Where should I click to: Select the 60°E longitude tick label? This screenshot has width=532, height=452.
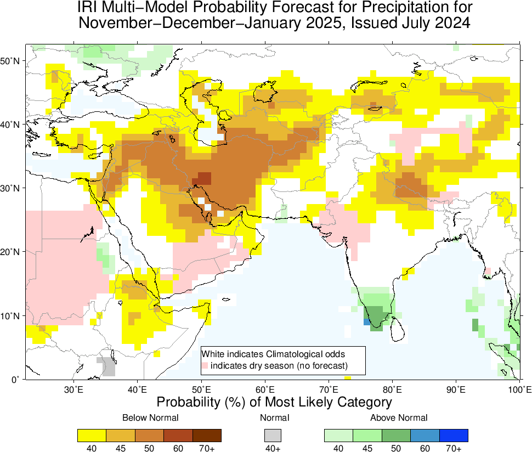point(265,390)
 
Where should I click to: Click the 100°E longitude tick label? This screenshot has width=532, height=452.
point(518,390)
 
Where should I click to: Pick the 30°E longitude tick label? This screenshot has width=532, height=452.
point(73,390)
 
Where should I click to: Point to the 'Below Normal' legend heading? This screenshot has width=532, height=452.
point(150,418)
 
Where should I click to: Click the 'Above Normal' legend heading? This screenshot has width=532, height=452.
point(399,418)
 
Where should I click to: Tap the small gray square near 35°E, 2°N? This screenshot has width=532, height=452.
point(106,366)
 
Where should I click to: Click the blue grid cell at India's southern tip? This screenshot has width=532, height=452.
point(366,322)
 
